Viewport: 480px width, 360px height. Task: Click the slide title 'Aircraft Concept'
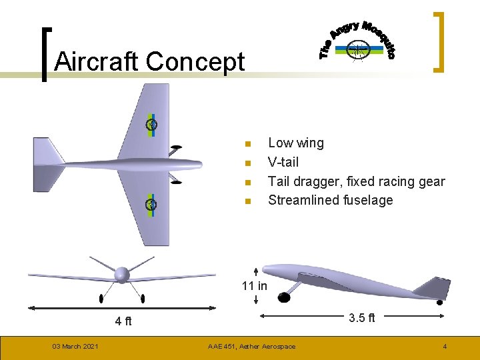click(149, 62)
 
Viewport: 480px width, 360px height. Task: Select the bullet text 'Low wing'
click(295, 143)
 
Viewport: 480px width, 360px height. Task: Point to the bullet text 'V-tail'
click(283, 162)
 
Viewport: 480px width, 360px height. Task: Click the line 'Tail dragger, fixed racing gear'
click(356, 181)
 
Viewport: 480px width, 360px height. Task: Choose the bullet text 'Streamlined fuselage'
click(330, 200)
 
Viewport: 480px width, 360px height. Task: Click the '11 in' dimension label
click(254, 286)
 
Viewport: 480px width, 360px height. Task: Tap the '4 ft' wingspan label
click(123, 321)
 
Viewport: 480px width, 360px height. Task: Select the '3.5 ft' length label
click(362, 318)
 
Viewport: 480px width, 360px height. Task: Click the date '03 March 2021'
click(76, 346)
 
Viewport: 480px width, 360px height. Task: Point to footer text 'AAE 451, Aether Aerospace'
click(251, 346)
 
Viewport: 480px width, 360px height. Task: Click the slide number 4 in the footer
click(445, 346)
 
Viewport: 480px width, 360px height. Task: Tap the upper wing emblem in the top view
click(152, 124)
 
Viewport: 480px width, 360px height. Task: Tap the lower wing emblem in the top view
click(152, 204)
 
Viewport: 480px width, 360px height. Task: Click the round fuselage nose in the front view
click(122, 274)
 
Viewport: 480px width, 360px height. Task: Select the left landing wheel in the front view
click(101, 297)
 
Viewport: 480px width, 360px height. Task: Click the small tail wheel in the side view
click(439, 302)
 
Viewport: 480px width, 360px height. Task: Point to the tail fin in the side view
click(433, 287)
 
